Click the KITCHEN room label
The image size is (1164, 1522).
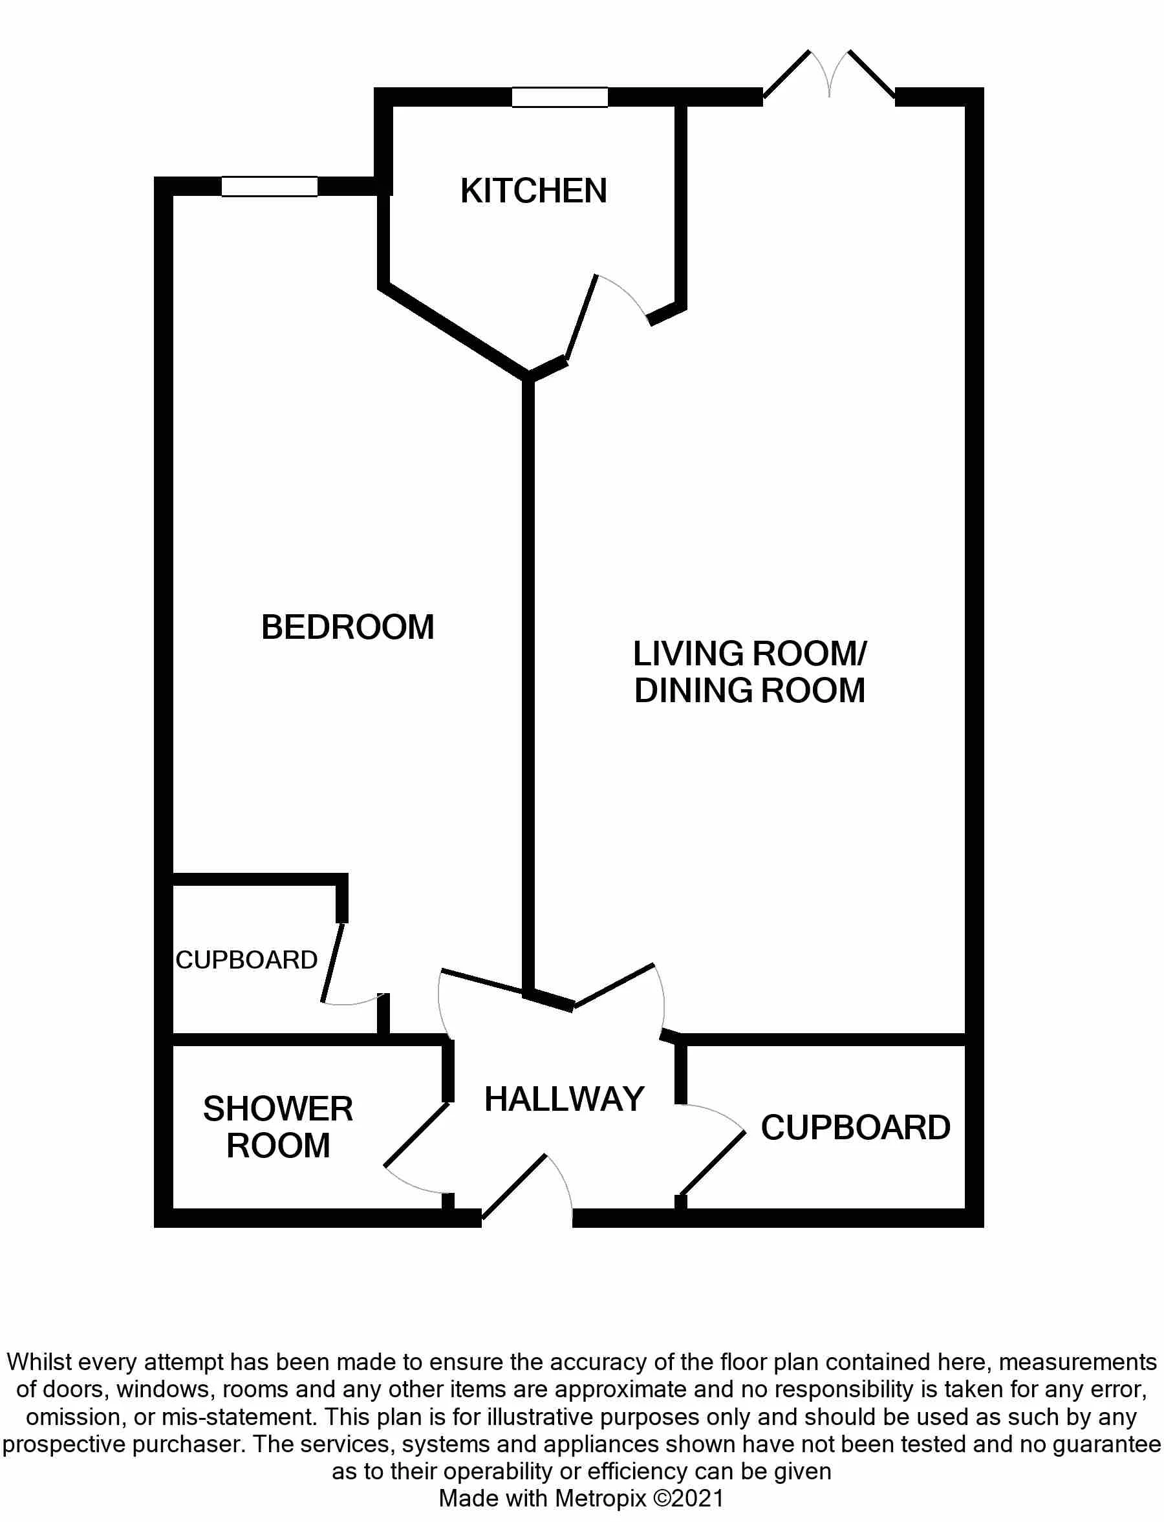click(533, 191)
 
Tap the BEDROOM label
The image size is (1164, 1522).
click(348, 628)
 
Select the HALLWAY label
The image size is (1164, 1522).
click(564, 1099)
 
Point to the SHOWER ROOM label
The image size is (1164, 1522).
click(278, 1127)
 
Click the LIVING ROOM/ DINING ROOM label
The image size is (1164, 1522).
click(749, 672)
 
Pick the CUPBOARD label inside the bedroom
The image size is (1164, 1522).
click(246, 960)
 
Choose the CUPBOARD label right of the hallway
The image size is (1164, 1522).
click(856, 1128)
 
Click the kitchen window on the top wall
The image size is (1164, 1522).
click(560, 97)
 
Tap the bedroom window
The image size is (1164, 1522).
click(270, 186)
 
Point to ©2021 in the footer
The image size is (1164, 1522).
click(689, 1499)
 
